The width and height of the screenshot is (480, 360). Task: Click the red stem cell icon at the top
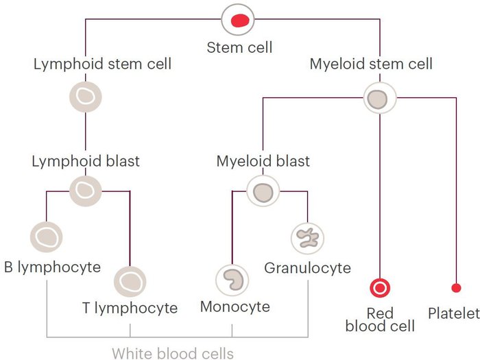pos(239,20)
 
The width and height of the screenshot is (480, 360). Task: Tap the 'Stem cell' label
pos(239,47)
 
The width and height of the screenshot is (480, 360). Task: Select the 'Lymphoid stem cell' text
pos(102,64)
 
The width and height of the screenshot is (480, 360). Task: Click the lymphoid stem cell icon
pos(86,97)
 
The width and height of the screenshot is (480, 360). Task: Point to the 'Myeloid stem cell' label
pos(371,64)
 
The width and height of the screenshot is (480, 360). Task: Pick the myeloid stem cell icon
pos(379,99)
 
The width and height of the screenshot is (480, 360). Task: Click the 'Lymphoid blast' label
pos(86,162)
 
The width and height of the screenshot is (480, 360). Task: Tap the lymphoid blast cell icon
pos(86,190)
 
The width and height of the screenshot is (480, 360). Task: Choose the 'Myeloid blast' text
pos(263,162)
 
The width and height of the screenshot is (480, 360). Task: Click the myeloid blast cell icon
pos(263,192)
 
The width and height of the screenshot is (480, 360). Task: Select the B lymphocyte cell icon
pos(47,237)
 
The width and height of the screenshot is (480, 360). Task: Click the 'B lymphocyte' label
pos(52,267)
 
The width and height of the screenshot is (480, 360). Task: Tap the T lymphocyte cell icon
pos(130,280)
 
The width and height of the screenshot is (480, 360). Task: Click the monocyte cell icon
pos(232,280)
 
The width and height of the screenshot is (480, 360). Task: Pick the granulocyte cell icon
pos(307,237)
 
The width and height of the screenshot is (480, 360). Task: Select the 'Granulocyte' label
pos(307,267)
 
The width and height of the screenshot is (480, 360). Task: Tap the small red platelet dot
pos(455,287)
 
